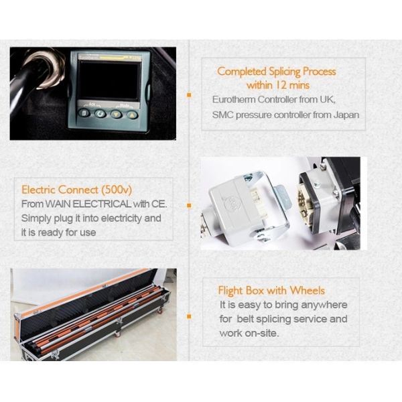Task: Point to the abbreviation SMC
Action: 222,115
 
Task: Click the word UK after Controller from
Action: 336,99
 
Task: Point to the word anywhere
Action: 325,305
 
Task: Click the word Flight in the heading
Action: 231,290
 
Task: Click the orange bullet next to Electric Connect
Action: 189,205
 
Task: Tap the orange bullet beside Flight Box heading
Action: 189,314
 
